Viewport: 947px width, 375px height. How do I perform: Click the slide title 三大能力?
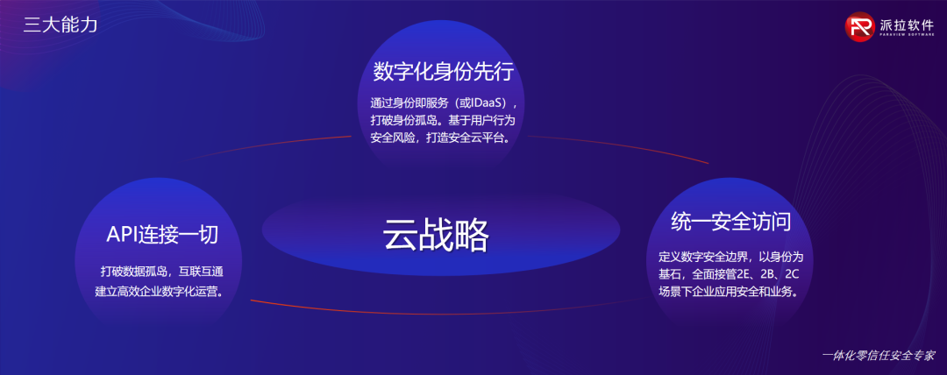click(61, 25)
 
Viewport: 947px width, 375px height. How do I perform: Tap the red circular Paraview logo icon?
click(860, 26)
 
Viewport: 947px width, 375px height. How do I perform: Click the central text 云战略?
click(436, 235)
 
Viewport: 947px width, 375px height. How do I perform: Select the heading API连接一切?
click(162, 235)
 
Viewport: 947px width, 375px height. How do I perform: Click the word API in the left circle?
click(121, 235)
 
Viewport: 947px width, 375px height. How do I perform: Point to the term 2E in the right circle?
click(744, 275)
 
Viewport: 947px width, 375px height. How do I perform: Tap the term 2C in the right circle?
click(793, 275)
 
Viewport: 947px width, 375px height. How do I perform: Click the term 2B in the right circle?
click(767, 275)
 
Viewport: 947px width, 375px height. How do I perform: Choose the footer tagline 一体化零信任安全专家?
click(879, 355)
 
